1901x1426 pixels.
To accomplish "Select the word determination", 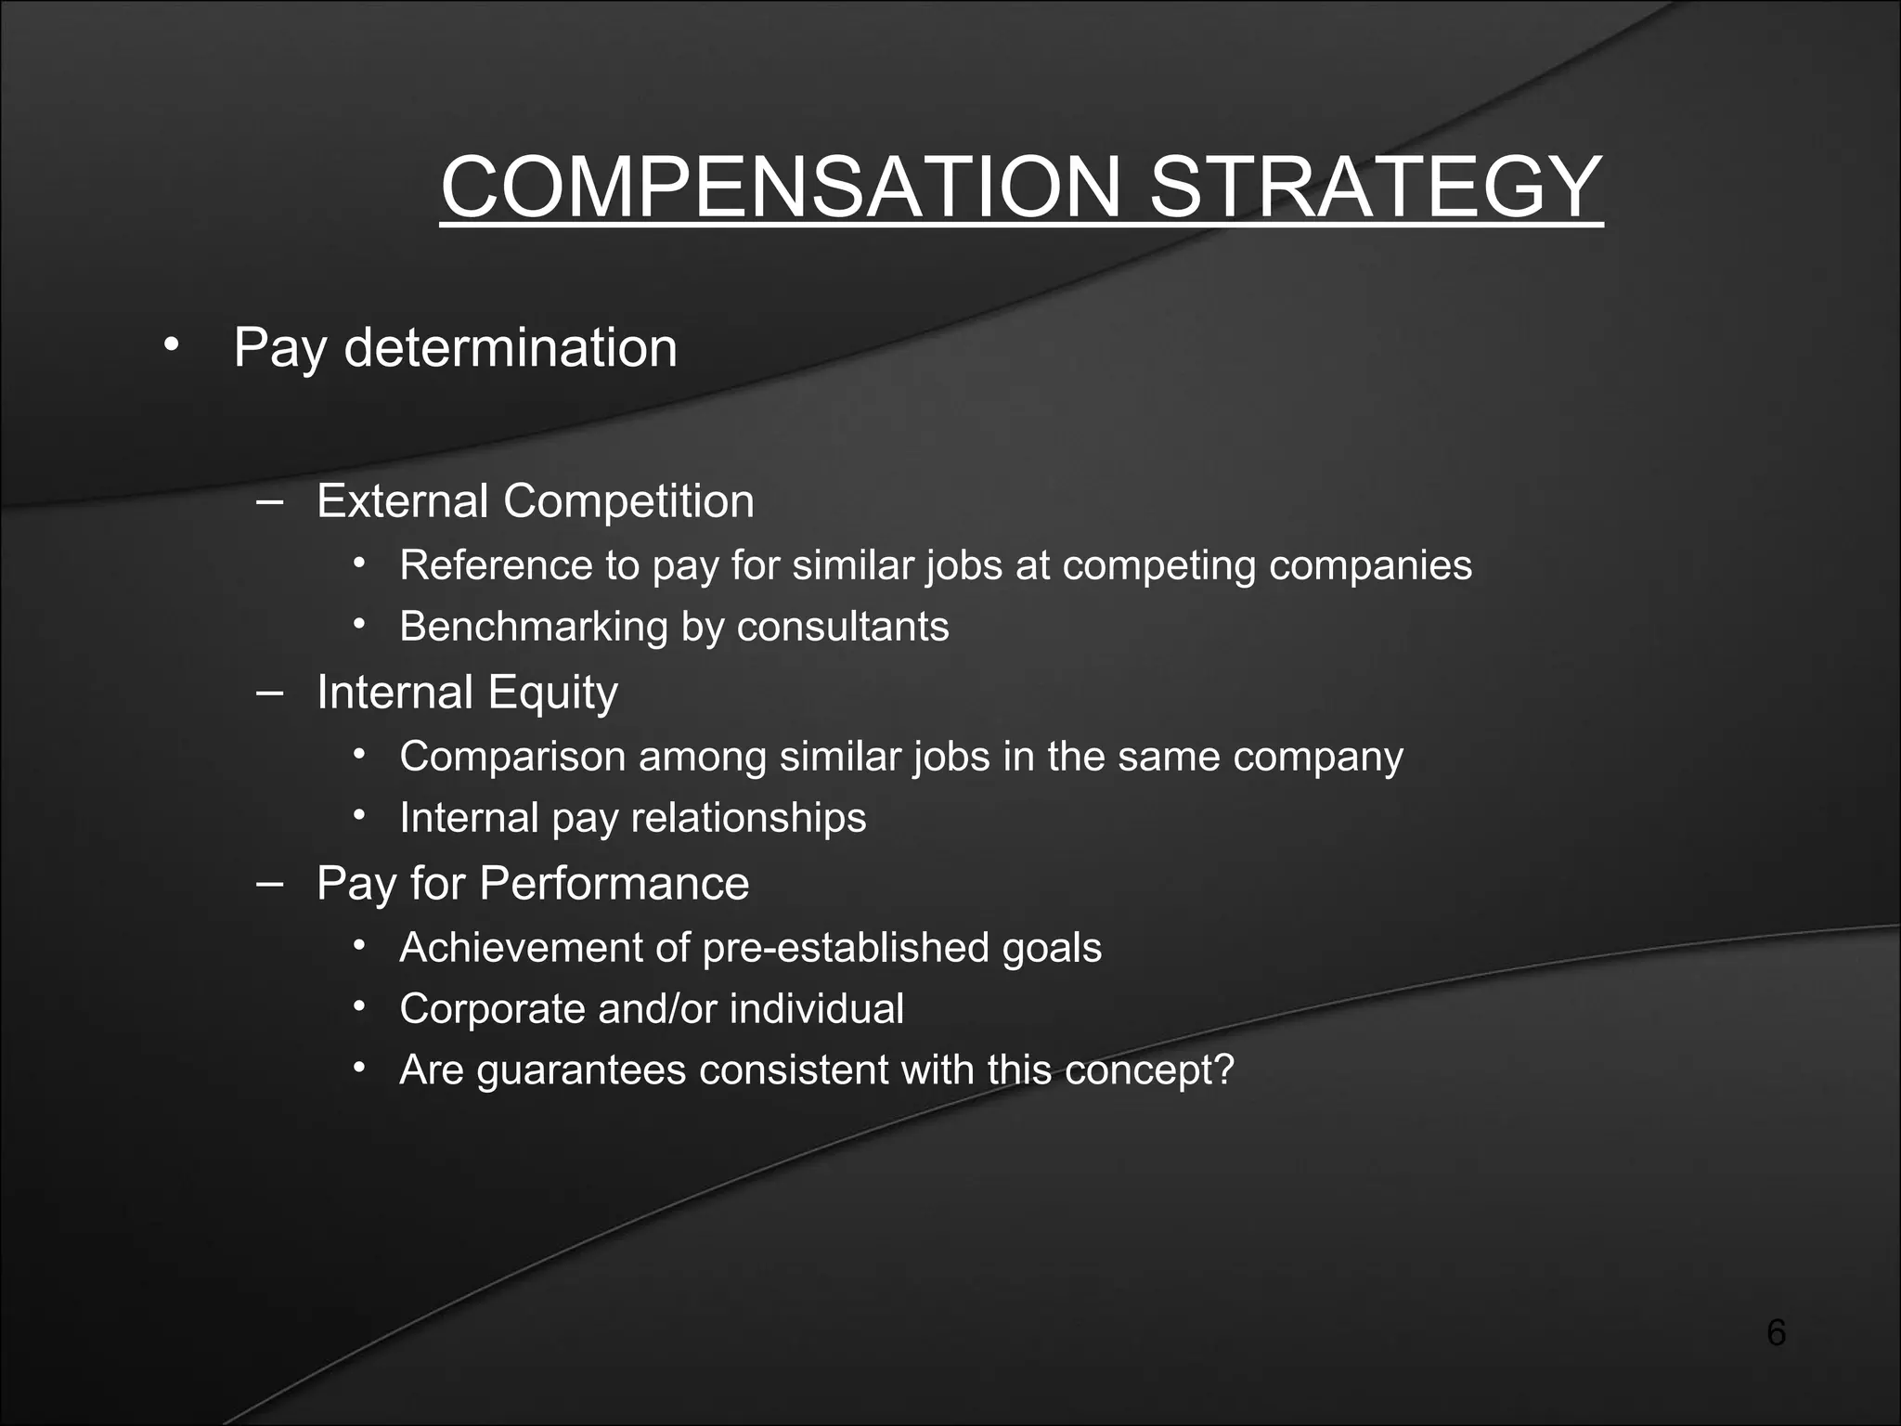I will tap(511, 348).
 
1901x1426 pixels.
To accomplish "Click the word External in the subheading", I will tap(402, 501).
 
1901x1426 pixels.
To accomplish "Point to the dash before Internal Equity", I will tap(269, 692).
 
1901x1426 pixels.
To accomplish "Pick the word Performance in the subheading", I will tap(614, 883).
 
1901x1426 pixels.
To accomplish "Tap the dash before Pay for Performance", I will tap(269, 883).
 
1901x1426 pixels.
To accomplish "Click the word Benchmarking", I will tap(534, 627).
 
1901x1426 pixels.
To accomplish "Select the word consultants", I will tap(843, 627).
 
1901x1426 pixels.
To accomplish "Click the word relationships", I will tap(748, 818).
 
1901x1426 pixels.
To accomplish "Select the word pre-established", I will tap(847, 948).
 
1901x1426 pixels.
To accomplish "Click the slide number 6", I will tap(1776, 1333).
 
